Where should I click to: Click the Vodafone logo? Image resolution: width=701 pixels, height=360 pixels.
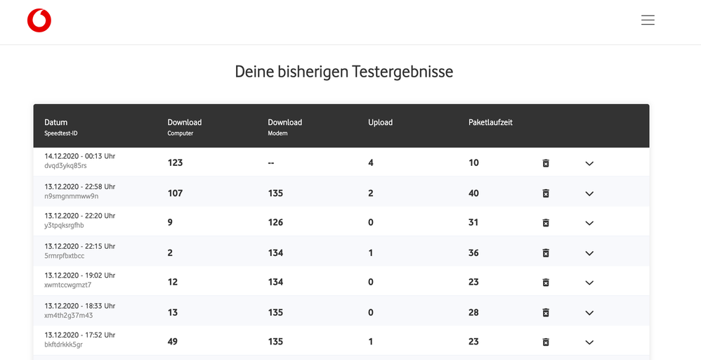[39, 21]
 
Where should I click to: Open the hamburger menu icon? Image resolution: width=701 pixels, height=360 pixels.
[648, 20]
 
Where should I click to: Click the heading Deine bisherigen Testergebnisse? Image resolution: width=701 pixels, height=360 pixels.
[343, 72]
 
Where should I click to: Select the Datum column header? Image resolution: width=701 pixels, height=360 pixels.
[56, 122]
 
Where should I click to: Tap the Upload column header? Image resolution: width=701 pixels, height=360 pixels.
[380, 122]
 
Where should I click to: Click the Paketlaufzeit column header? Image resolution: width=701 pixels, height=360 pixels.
[490, 122]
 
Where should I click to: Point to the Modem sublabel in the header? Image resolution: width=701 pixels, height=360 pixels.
[277, 133]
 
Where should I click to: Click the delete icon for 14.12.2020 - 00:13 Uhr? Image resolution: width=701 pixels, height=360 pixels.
[546, 163]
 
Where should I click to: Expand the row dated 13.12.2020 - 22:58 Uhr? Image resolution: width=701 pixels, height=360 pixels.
[589, 193]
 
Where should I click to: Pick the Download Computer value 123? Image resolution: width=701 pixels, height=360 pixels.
[175, 162]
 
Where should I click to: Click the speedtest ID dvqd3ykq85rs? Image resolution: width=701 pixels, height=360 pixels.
[65, 166]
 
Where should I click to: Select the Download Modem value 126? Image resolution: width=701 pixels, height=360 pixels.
[275, 222]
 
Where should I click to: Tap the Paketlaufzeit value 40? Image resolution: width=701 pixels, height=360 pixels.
[473, 193]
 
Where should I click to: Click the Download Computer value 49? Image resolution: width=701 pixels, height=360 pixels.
[173, 341]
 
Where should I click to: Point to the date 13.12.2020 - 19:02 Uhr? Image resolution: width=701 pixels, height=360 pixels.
[79, 276]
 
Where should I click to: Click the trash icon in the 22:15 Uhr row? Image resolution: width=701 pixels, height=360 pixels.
[546, 253]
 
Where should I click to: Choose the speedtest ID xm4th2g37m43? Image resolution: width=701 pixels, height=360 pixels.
[68, 315]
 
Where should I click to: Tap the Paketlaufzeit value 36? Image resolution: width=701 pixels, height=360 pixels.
[473, 252]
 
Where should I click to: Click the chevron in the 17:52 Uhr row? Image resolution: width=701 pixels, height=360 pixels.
[589, 342]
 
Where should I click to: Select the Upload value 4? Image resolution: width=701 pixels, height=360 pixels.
[371, 162]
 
